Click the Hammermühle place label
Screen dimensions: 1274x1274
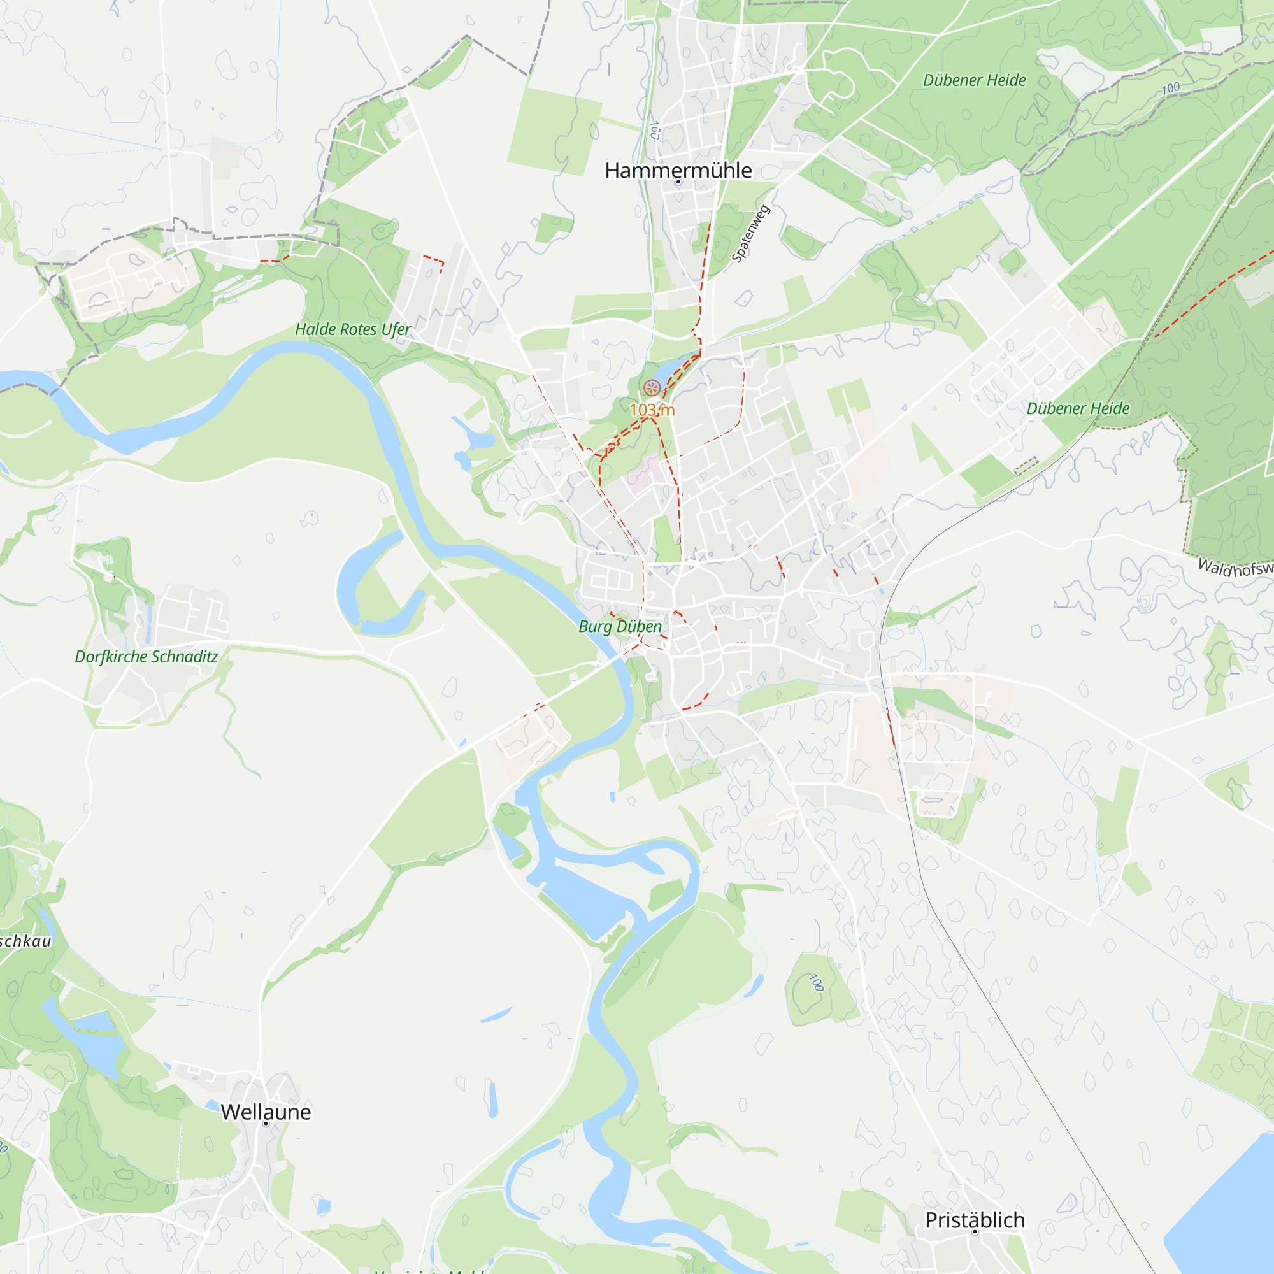click(x=678, y=170)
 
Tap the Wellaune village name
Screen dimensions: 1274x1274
click(x=266, y=1112)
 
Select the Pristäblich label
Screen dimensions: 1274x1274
click(x=975, y=1220)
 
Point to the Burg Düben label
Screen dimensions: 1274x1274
click(x=620, y=626)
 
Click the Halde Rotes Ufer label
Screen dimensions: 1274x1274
click(x=353, y=329)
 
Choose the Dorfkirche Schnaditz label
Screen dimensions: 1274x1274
click(x=147, y=656)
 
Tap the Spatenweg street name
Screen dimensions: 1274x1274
click(x=750, y=233)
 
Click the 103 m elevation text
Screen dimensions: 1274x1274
click(x=652, y=410)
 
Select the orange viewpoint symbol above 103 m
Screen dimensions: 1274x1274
click(x=652, y=388)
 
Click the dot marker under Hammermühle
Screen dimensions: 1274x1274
click(x=678, y=182)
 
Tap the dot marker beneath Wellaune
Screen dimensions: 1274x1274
click(x=266, y=1124)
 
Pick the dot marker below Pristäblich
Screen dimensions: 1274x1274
click(x=975, y=1232)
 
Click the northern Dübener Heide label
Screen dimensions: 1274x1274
click(x=974, y=80)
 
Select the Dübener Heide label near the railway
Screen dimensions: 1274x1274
click(x=1078, y=409)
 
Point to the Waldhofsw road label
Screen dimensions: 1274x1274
click(x=1235, y=568)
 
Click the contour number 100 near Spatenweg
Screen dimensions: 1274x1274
click(x=654, y=130)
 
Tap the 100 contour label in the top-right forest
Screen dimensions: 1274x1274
click(x=1170, y=89)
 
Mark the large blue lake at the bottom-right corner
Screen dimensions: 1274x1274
click(x=1226, y=1220)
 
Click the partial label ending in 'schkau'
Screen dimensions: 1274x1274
click(x=25, y=941)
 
